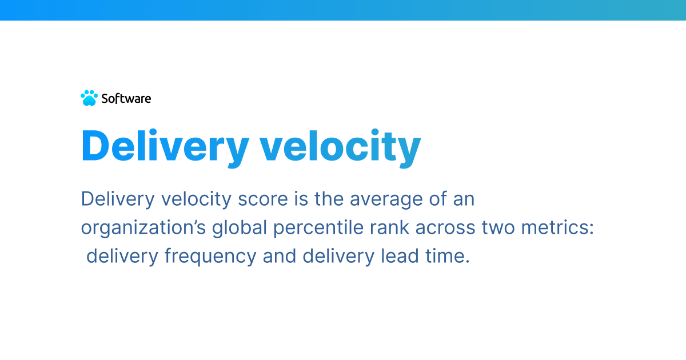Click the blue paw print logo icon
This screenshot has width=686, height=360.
click(89, 98)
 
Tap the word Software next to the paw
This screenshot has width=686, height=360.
click(126, 98)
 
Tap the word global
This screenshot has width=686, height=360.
click(240, 227)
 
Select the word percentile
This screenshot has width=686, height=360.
click(313, 227)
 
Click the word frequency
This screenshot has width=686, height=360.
click(210, 256)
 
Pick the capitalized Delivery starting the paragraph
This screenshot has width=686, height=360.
click(118, 199)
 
